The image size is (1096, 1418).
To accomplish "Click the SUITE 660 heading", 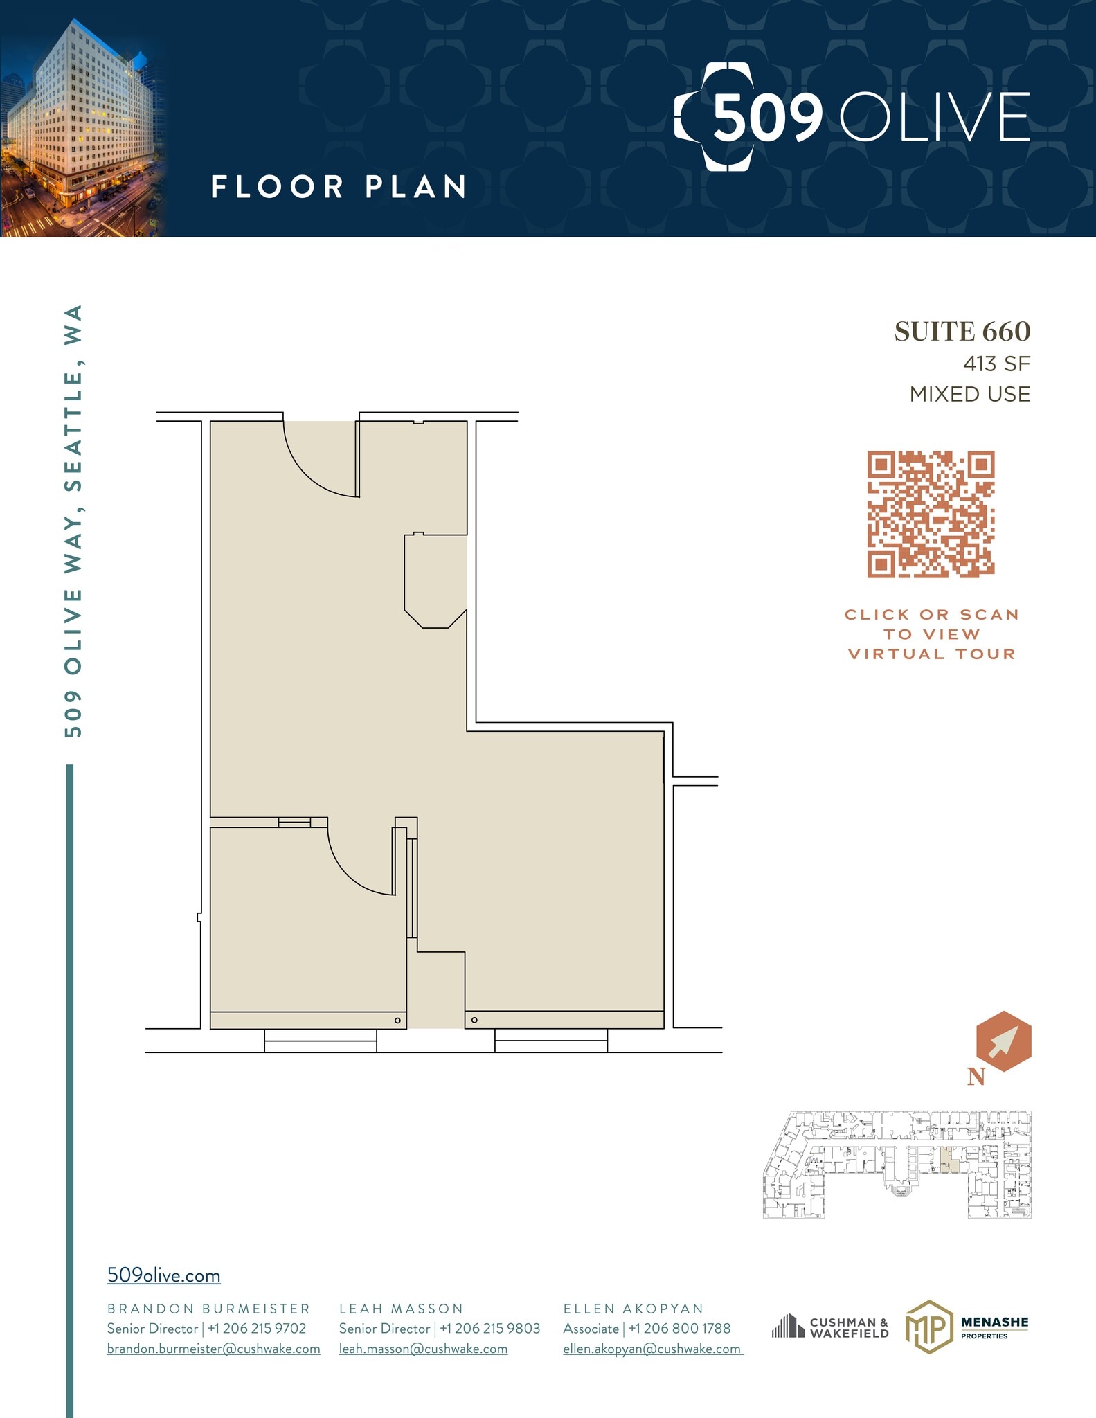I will click(x=962, y=332).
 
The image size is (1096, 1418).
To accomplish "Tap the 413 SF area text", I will click(x=996, y=364).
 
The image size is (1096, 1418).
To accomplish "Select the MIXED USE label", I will click(x=969, y=394).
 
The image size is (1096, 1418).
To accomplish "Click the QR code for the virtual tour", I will click(x=931, y=514).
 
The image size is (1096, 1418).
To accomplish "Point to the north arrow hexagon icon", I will click(x=1003, y=1041).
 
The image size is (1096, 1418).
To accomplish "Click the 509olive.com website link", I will click(x=163, y=1275).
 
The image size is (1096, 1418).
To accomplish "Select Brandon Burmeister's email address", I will click(x=213, y=1349).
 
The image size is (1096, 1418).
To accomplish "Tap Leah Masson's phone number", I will click(x=490, y=1329).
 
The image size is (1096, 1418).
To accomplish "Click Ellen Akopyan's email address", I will click(x=652, y=1349).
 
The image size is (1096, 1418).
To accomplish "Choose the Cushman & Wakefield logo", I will click(x=830, y=1327).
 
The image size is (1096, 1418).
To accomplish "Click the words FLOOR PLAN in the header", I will click(x=338, y=187).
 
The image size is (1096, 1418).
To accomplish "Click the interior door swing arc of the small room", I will click(x=357, y=865).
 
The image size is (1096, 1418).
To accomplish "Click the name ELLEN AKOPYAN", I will click(x=633, y=1309).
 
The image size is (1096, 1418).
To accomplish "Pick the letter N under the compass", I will click(x=976, y=1077).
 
